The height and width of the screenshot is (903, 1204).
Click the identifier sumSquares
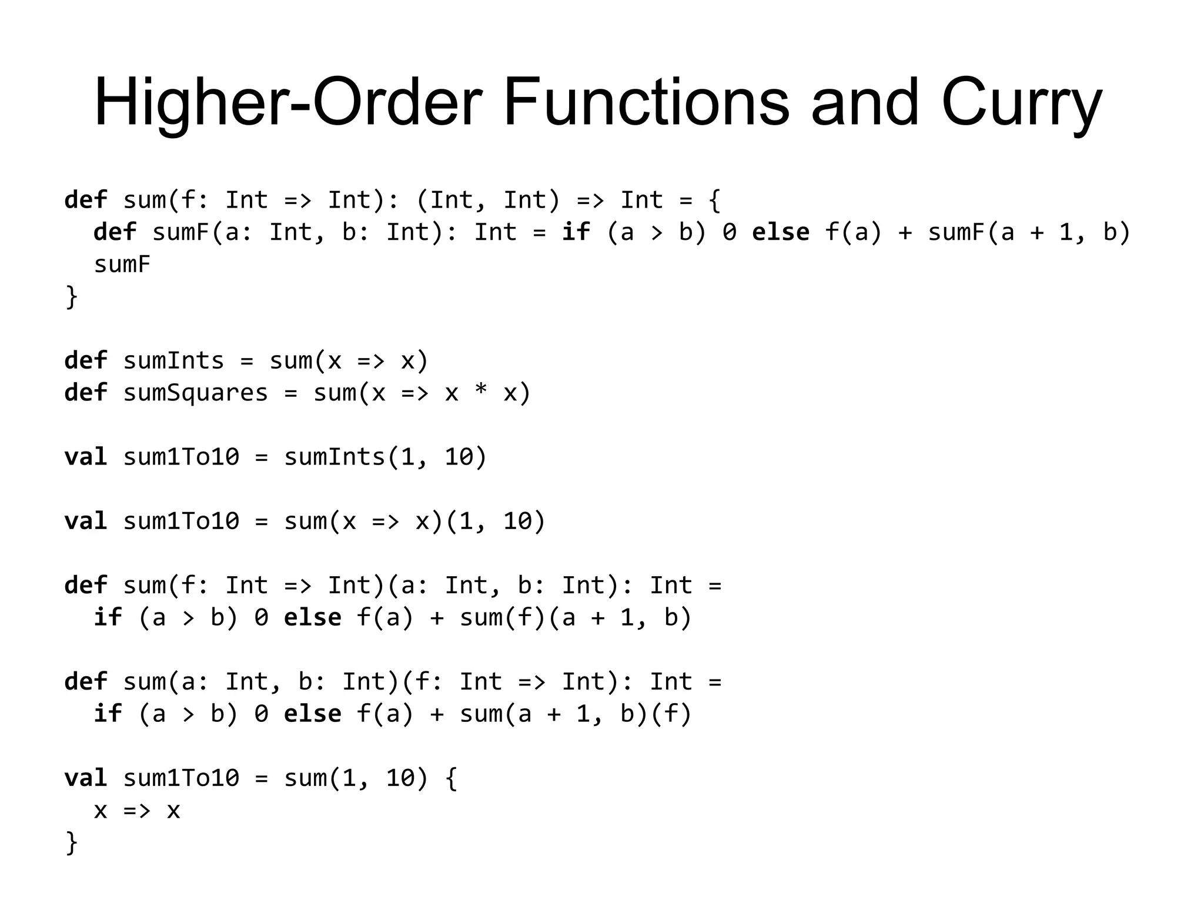coord(195,393)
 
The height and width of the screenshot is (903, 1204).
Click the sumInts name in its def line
coord(173,360)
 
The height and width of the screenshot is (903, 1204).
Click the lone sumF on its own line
coord(122,265)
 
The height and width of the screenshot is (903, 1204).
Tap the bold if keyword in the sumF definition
coord(576,232)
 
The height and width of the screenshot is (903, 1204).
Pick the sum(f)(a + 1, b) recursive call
coord(575,618)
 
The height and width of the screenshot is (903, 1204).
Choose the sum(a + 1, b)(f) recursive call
coord(575,714)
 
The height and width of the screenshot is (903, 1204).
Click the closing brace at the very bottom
coord(71,842)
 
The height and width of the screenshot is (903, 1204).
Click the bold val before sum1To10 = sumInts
coord(86,457)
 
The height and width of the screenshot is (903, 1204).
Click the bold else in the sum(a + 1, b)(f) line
coord(312,714)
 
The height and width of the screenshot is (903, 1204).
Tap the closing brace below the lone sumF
coord(71,296)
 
